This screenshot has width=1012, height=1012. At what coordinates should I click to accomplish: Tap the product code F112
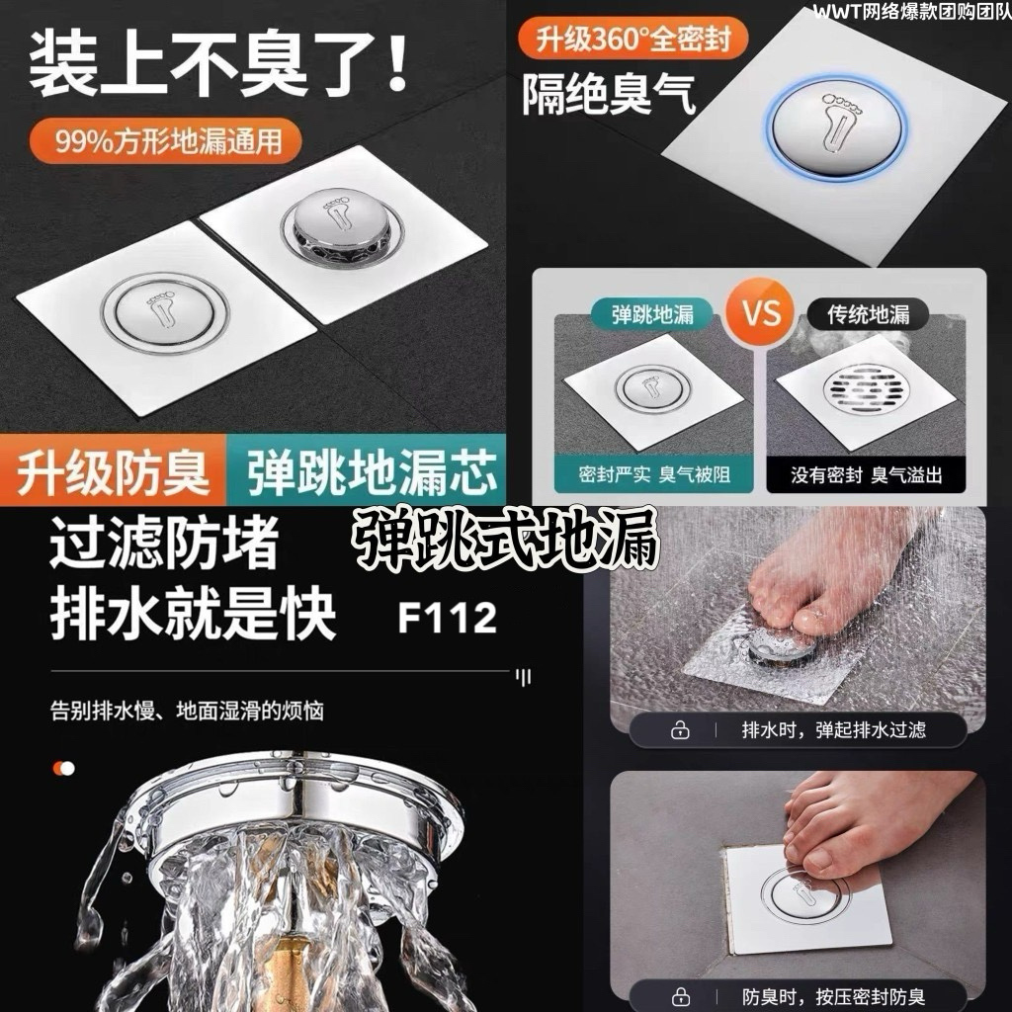pyautogui.click(x=448, y=618)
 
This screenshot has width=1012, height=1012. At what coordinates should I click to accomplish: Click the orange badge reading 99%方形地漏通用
pyautogui.click(x=166, y=140)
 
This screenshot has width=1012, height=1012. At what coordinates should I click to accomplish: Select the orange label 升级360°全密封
pyautogui.click(x=632, y=40)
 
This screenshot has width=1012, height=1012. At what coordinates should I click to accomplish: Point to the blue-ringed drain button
pyautogui.click(x=836, y=131)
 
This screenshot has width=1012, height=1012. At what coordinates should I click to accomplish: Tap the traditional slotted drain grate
pyautogui.click(x=863, y=389)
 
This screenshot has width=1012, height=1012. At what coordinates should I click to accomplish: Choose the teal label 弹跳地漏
pyautogui.click(x=652, y=314)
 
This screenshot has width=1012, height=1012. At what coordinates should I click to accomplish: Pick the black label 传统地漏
pyautogui.click(x=868, y=314)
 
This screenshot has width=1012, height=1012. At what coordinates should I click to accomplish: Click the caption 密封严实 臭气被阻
pyautogui.click(x=654, y=474)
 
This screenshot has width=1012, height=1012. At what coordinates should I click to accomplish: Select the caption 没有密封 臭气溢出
pyautogui.click(x=866, y=474)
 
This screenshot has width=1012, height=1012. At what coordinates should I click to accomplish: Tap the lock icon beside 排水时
pyautogui.click(x=680, y=730)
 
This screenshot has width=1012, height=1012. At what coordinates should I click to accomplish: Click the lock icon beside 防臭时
pyautogui.click(x=680, y=996)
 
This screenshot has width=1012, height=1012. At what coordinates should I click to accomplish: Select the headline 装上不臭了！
pyautogui.click(x=218, y=64)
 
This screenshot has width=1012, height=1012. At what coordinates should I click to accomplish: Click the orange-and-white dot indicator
pyautogui.click(x=64, y=768)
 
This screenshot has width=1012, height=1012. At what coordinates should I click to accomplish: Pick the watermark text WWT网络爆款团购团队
pyautogui.click(x=912, y=12)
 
